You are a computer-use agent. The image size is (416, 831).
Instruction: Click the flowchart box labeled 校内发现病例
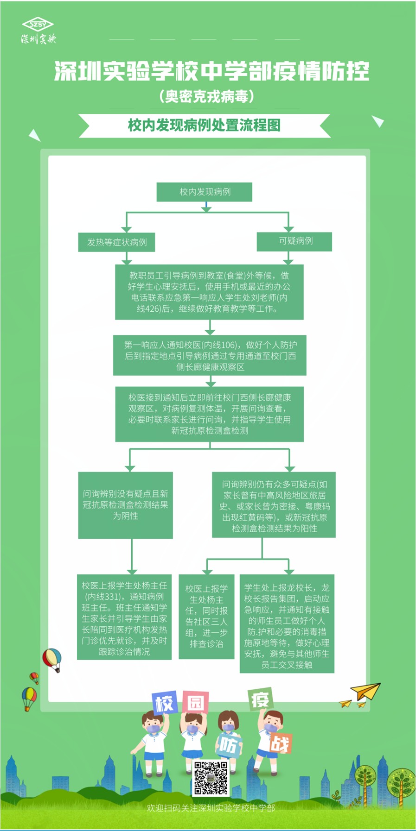[205, 192]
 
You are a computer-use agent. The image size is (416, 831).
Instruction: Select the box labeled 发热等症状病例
[116, 242]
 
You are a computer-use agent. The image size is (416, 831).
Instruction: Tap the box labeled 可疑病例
[295, 241]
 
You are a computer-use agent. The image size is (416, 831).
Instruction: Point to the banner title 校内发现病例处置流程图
[205, 125]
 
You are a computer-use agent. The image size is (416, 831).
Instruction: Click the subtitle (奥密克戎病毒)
[207, 96]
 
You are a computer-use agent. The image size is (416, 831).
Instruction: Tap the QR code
[211, 778]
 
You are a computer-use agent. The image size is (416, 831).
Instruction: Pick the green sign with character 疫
[260, 699]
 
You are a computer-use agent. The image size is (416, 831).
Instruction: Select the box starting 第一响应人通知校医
[210, 355]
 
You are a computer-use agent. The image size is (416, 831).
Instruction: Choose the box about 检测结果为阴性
[126, 505]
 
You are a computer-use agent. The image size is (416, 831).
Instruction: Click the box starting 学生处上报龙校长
[287, 623]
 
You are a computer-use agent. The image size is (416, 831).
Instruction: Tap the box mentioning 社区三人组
[207, 616]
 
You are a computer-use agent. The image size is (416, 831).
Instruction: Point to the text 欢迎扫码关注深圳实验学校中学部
[211, 808]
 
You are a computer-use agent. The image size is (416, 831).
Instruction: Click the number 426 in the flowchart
[153, 308]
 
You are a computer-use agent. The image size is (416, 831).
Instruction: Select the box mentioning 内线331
[124, 618]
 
